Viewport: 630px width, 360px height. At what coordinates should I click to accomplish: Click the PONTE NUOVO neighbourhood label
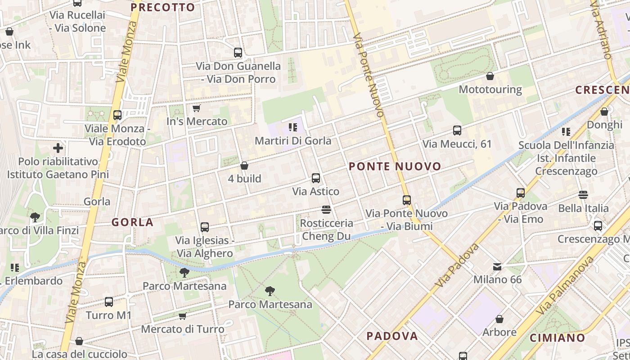[395, 166]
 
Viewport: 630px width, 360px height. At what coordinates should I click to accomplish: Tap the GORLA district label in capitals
[132, 222]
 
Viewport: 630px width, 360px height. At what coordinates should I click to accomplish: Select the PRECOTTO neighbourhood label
[162, 7]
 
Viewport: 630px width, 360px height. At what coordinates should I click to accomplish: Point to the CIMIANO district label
[557, 338]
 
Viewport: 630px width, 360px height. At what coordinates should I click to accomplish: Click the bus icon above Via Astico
[316, 178]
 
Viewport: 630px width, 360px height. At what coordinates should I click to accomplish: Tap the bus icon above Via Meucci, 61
[457, 131]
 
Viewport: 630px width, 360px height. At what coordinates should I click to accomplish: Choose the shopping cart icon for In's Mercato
[196, 108]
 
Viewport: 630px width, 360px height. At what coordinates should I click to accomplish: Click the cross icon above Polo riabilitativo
[58, 148]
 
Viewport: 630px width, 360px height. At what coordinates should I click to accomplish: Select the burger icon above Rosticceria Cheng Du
[326, 210]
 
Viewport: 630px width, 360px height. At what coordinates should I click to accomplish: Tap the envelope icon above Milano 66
[497, 267]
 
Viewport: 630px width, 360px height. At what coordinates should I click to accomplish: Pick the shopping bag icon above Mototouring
[490, 76]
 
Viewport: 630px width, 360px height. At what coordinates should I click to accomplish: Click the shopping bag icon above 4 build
[244, 166]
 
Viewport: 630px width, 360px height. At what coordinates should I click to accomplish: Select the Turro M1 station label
[108, 315]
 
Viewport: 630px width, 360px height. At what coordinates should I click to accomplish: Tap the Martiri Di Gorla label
[293, 141]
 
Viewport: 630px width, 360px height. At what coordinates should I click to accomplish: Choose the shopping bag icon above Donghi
[604, 112]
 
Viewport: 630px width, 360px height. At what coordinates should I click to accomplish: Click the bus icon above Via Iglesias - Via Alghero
[205, 227]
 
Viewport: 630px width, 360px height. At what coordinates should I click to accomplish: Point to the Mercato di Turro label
[183, 329]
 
